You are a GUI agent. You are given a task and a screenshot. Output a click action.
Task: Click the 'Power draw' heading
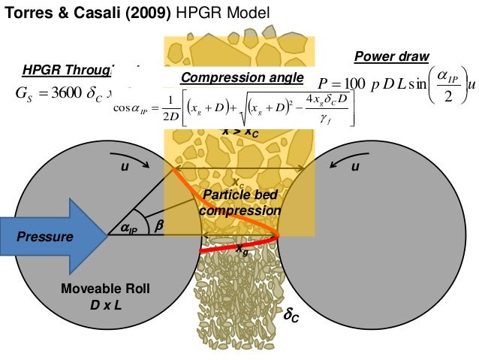tap(390, 57)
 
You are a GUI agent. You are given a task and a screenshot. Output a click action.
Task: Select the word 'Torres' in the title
tap(27, 13)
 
